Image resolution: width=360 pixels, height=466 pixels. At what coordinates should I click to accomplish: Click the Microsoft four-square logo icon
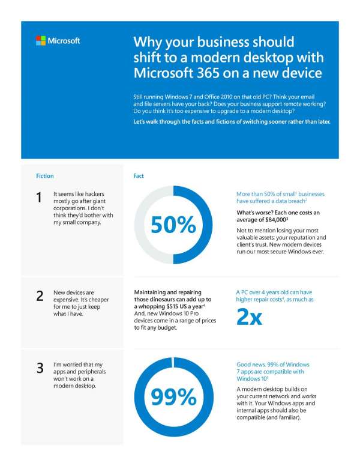[41, 41]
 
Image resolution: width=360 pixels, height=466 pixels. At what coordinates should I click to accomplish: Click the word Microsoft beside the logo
[64, 41]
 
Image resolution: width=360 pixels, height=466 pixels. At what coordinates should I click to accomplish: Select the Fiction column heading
[45, 176]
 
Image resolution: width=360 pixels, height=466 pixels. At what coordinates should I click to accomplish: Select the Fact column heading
[139, 176]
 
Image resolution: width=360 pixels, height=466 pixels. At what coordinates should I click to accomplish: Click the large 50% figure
[173, 225]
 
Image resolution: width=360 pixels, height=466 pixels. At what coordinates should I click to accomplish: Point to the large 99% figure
[173, 397]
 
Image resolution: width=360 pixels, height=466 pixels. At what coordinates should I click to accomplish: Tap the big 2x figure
[250, 317]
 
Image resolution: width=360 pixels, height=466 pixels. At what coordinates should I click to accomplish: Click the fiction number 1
[39, 198]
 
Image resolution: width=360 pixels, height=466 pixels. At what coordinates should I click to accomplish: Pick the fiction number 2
[39, 295]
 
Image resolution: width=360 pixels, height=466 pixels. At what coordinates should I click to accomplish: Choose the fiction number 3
[39, 368]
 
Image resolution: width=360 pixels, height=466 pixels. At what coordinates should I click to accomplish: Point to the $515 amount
[176, 307]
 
